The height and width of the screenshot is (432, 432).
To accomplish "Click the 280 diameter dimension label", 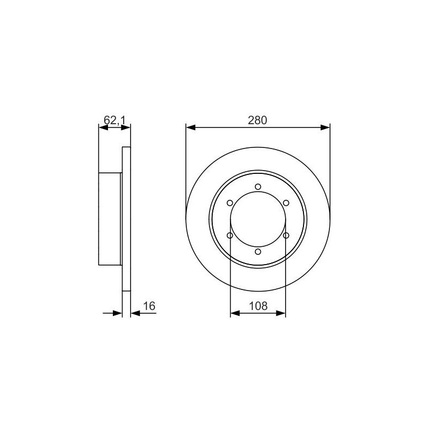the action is [x=258, y=120].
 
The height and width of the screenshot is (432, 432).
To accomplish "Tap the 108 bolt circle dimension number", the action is [x=258, y=306].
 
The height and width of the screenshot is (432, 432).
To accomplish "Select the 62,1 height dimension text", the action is [x=114, y=120].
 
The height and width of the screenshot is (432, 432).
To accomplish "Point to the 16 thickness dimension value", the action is [x=150, y=306].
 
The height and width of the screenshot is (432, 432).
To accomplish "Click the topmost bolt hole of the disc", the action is [x=258, y=187].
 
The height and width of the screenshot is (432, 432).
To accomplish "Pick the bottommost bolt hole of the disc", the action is [x=258, y=252].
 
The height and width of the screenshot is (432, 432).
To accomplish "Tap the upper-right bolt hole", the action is [x=286, y=203].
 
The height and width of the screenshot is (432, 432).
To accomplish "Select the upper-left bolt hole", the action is [x=230, y=203].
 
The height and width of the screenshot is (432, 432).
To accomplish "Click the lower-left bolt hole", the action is [x=230, y=235].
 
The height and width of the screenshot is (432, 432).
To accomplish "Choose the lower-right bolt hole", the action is [x=286, y=235].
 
